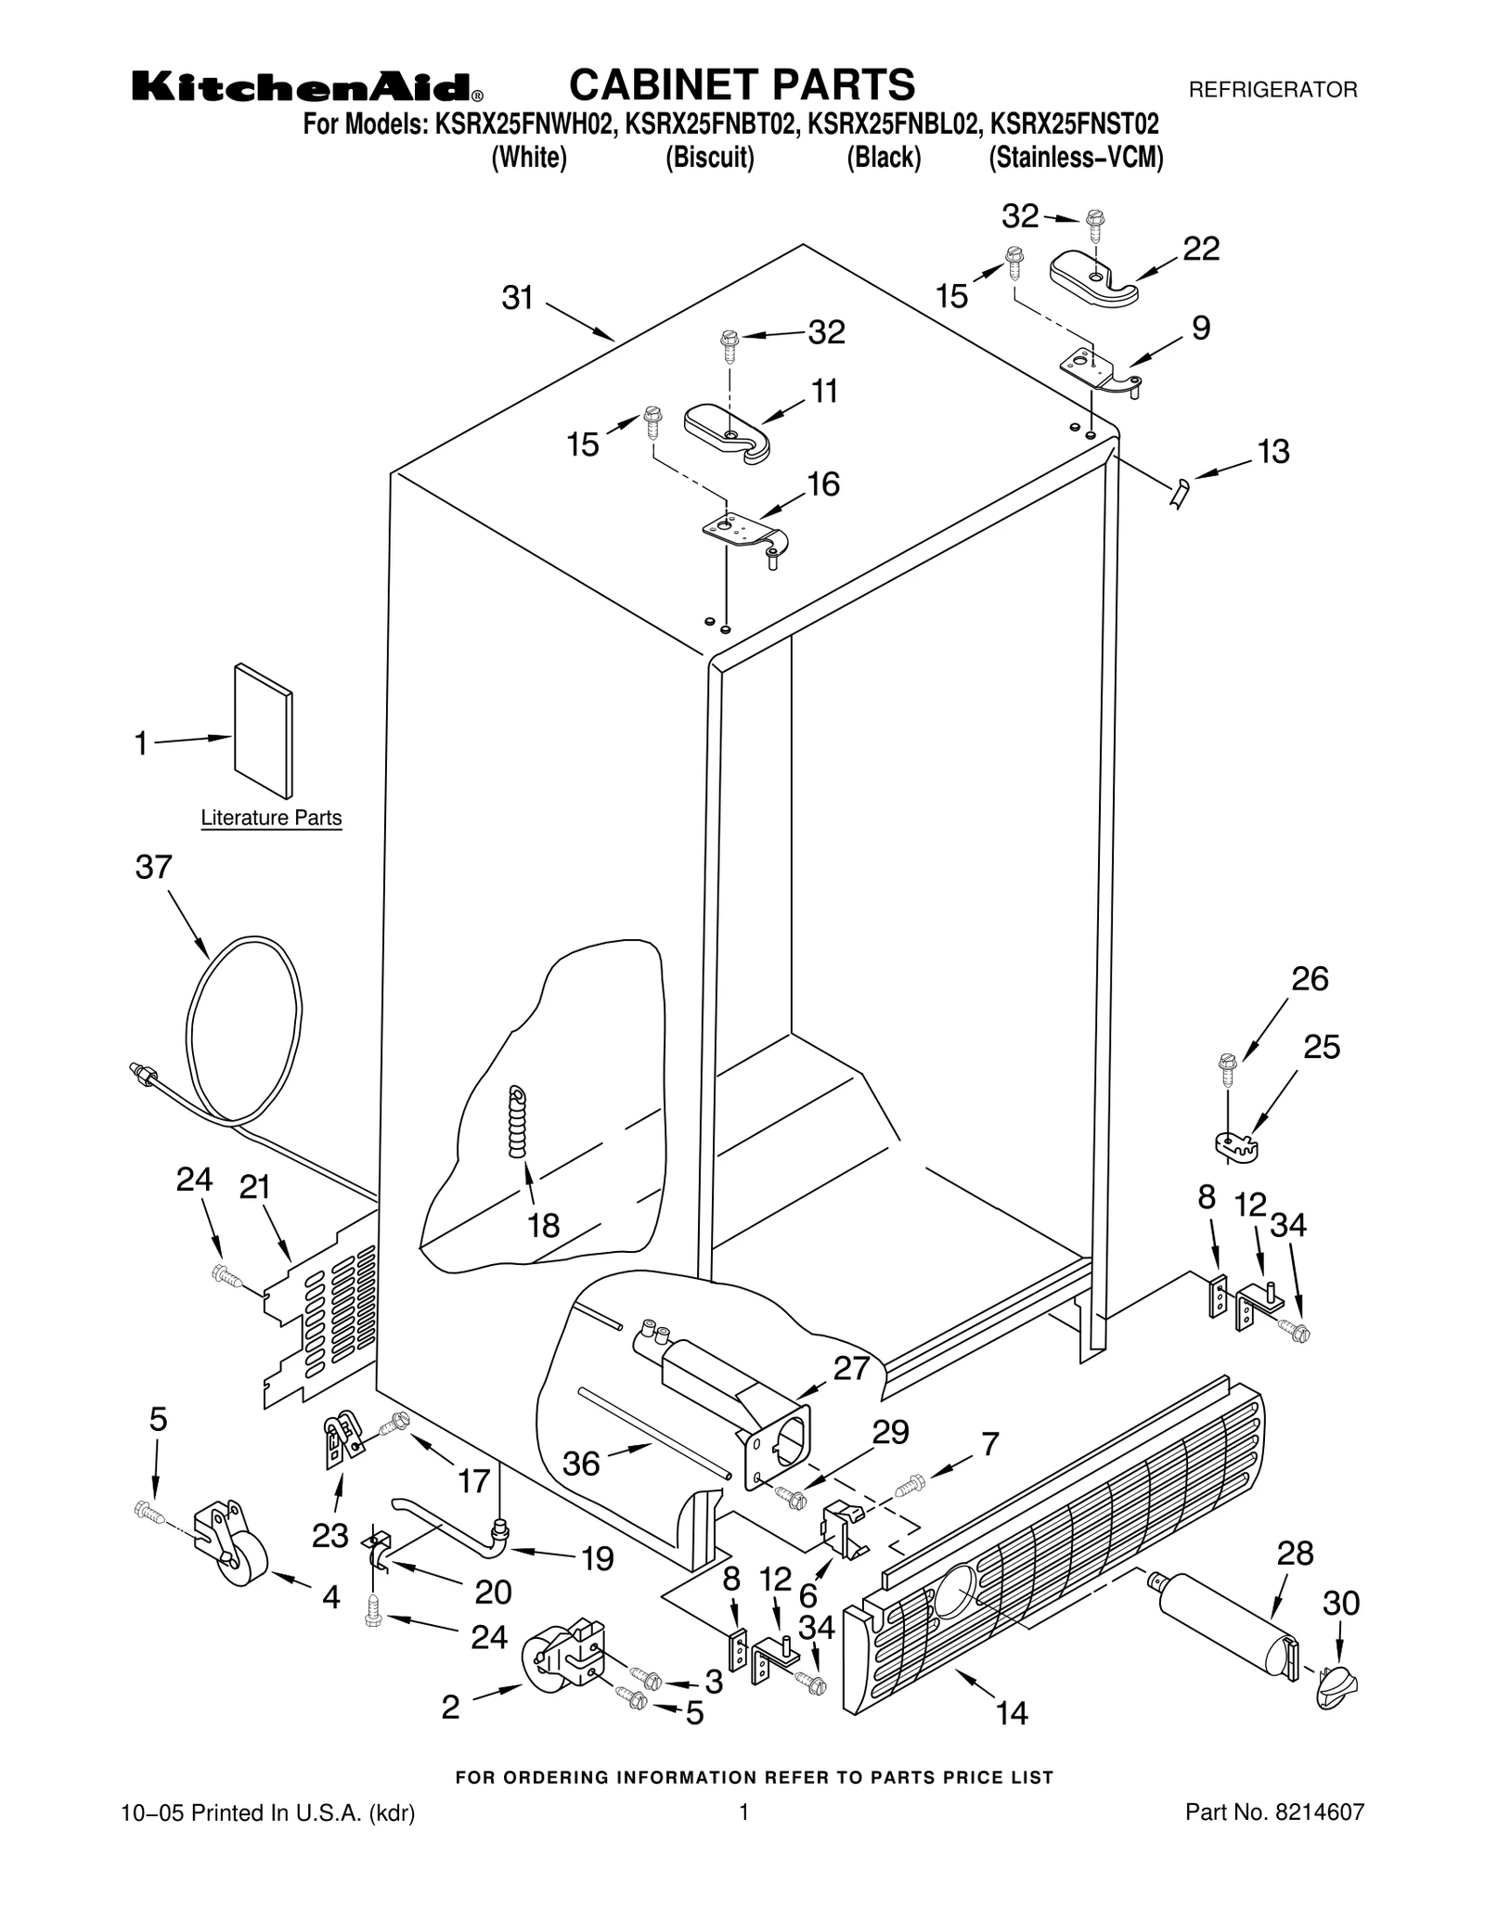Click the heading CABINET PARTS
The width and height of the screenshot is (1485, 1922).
pos(742,84)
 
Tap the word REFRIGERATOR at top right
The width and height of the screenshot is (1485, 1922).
pos(1272,90)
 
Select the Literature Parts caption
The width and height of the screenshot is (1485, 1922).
pos(271,818)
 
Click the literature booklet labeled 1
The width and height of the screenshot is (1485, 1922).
pos(264,730)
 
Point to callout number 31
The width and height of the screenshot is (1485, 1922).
pos(518,298)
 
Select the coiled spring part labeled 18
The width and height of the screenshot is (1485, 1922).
pos(518,1122)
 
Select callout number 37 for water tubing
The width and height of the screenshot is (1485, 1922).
pos(154,867)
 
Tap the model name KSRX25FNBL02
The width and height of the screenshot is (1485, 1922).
pos(890,124)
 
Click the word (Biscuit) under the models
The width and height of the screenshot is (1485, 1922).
pos(709,158)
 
